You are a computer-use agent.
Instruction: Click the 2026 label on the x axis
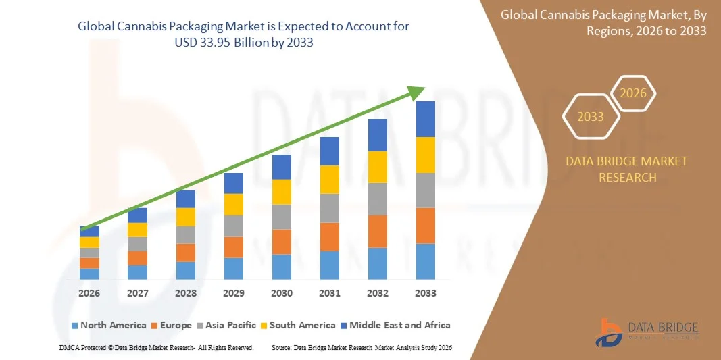[x=89, y=294]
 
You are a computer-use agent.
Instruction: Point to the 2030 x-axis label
[x=282, y=294]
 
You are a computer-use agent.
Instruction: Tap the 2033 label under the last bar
[x=426, y=294]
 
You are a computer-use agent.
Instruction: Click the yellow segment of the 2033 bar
[x=426, y=155]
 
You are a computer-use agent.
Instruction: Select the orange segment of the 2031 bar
[x=330, y=236]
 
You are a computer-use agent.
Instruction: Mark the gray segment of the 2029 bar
[x=234, y=226]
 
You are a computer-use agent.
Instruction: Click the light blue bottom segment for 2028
[x=186, y=270]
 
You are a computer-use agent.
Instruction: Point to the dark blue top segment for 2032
[x=378, y=135]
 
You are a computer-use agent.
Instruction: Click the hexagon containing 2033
[x=591, y=117]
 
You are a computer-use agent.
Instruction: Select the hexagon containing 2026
[x=633, y=94]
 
